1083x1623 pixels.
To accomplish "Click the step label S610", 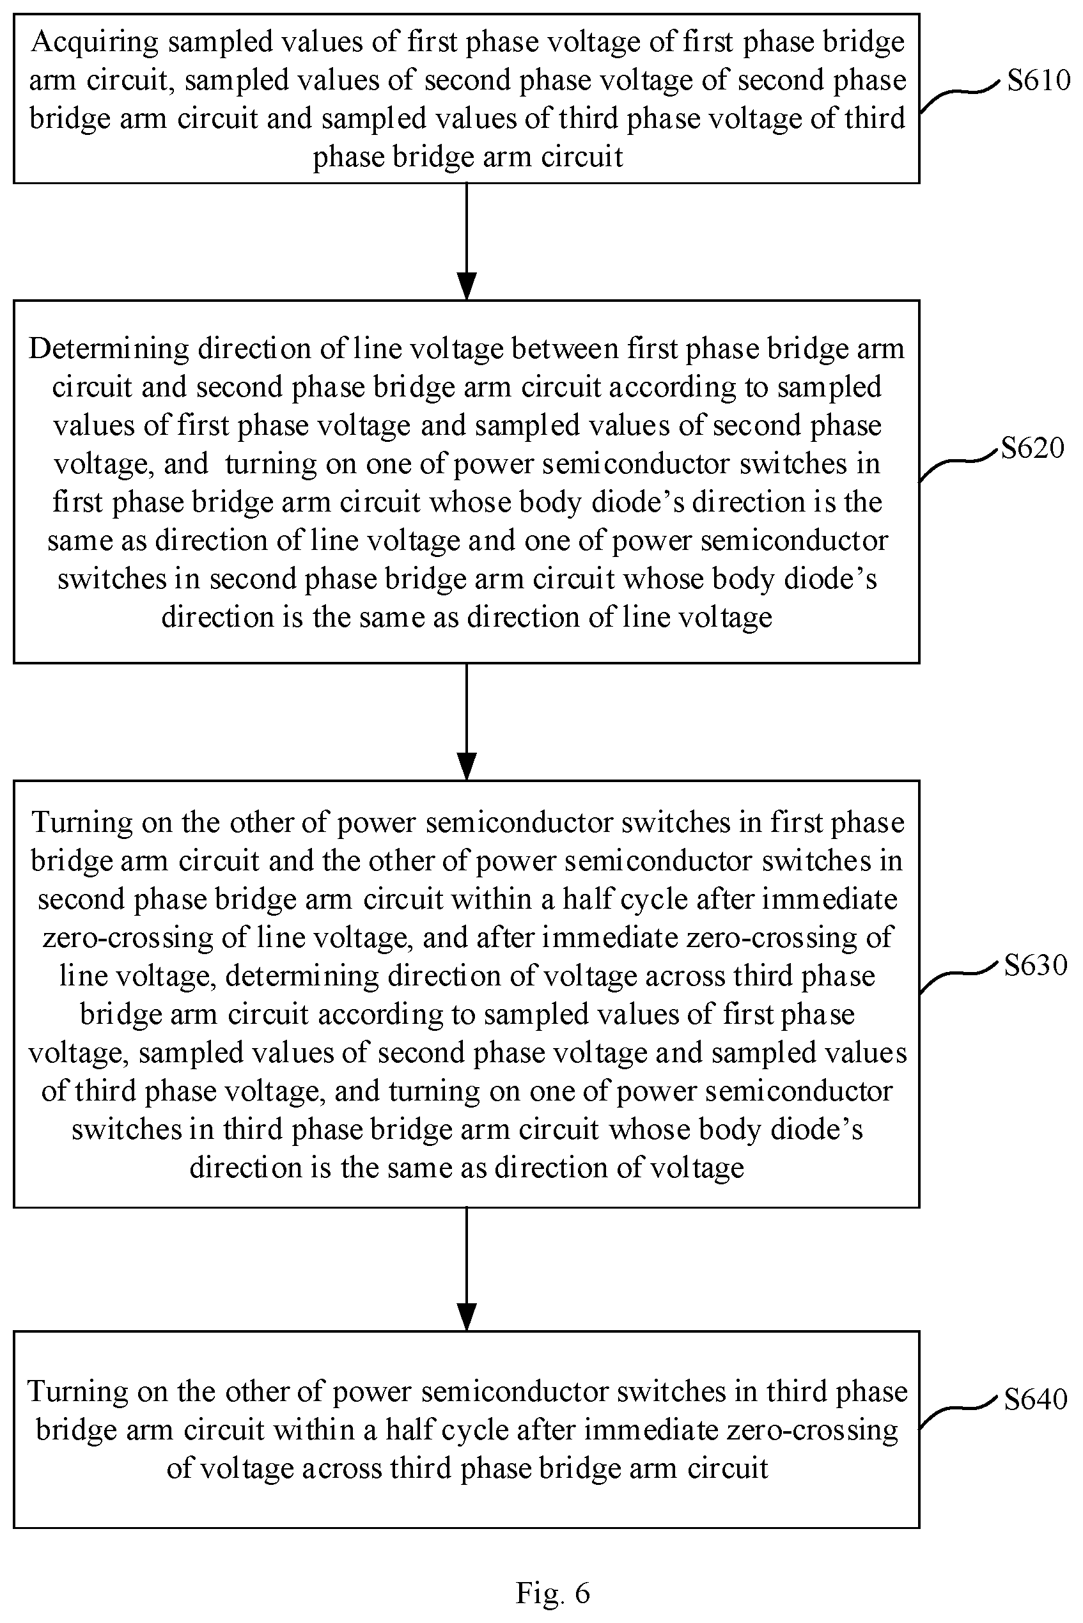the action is pyautogui.click(x=1038, y=81).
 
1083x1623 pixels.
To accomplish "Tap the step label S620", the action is pyautogui.click(x=1032, y=448).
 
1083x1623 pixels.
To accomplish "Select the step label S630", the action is pyautogui.click(x=1035, y=965).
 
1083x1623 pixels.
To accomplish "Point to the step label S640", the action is pyautogui.click(x=1035, y=1399).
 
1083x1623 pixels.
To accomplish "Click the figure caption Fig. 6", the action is pyautogui.click(x=552, y=1592).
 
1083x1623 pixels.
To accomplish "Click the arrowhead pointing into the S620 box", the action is pyautogui.click(x=467, y=286).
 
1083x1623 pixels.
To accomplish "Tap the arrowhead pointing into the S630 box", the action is pyautogui.click(x=467, y=766).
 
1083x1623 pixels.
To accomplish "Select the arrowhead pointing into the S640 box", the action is pyautogui.click(x=467, y=1317).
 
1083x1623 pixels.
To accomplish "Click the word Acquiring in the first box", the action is pyautogui.click(x=95, y=43).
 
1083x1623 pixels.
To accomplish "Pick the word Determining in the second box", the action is pyautogui.click(x=109, y=349).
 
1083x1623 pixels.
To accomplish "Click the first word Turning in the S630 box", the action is pyautogui.click(x=82, y=822).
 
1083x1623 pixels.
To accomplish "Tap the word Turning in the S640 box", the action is pyautogui.click(x=78, y=1391).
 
